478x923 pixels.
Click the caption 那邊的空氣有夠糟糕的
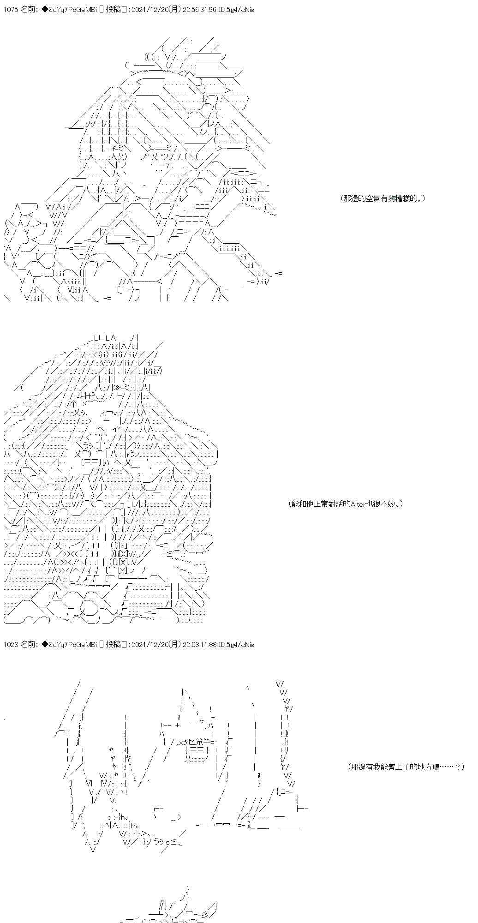tap(383, 198)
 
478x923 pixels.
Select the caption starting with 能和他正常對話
tap(346, 503)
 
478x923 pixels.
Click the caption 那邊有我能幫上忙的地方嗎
tap(406, 767)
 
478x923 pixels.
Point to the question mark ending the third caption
tap(458, 767)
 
